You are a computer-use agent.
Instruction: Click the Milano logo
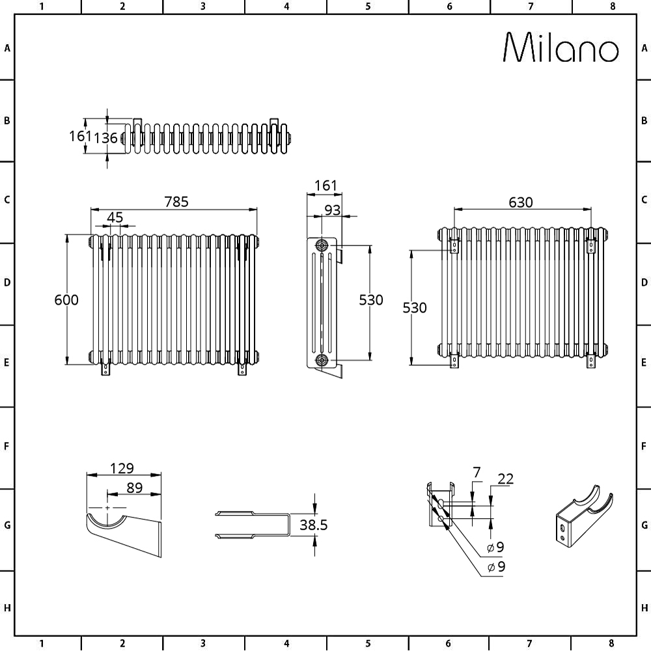click(x=561, y=48)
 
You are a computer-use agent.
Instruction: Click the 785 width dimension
click(x=176, y=202)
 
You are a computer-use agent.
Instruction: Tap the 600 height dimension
click(x=66, y=299)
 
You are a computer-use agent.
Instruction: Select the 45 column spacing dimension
click(x=115, y=217)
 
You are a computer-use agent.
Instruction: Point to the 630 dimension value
click(x=521, y=202)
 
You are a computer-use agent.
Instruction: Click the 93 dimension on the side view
click(x=332, y=210)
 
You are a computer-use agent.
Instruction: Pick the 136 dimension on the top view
click(x=106, y=138)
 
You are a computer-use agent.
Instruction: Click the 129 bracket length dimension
click(x=122, y=468)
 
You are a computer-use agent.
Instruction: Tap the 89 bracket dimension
click(x=135, y=488)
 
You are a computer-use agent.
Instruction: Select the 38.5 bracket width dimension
click(x=314, y=525)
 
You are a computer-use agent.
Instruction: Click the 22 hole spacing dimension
click(x=505, y=479)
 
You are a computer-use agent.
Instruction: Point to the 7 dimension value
click(x=477, y=473)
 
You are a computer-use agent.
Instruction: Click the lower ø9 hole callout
click(x=497, y=567)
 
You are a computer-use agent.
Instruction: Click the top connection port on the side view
click(x=322, y=245)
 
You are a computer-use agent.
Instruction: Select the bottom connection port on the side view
click(x=322, y=360)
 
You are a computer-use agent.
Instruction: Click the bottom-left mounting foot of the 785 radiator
click(x=106, y=369)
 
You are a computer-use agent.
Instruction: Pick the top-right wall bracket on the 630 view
click(x=591, y=247)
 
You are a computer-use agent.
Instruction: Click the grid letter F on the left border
click(x=7, y=447)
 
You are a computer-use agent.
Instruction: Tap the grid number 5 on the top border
click(x=368, y=7)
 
